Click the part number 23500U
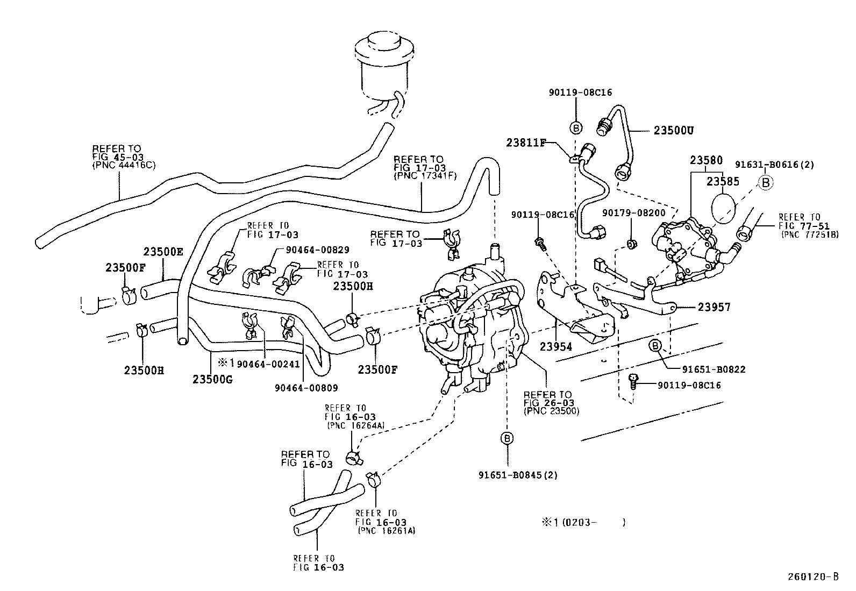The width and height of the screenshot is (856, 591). [674, 130]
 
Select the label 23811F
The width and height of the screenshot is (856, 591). [526, 143]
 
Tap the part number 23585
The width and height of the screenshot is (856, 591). [723, 182]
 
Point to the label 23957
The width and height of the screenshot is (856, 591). [714, 307]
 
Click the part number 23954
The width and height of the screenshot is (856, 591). [556, 347]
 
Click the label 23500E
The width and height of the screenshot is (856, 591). [163, 252]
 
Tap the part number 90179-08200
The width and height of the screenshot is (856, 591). [633, 213]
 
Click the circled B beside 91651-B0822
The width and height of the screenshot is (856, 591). [655, 346]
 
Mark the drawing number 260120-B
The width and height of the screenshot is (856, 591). [813, 577]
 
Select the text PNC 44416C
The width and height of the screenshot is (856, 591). [124, 165]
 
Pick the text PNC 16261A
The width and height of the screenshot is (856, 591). [386, 531]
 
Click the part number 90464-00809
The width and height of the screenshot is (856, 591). [306, 387]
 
